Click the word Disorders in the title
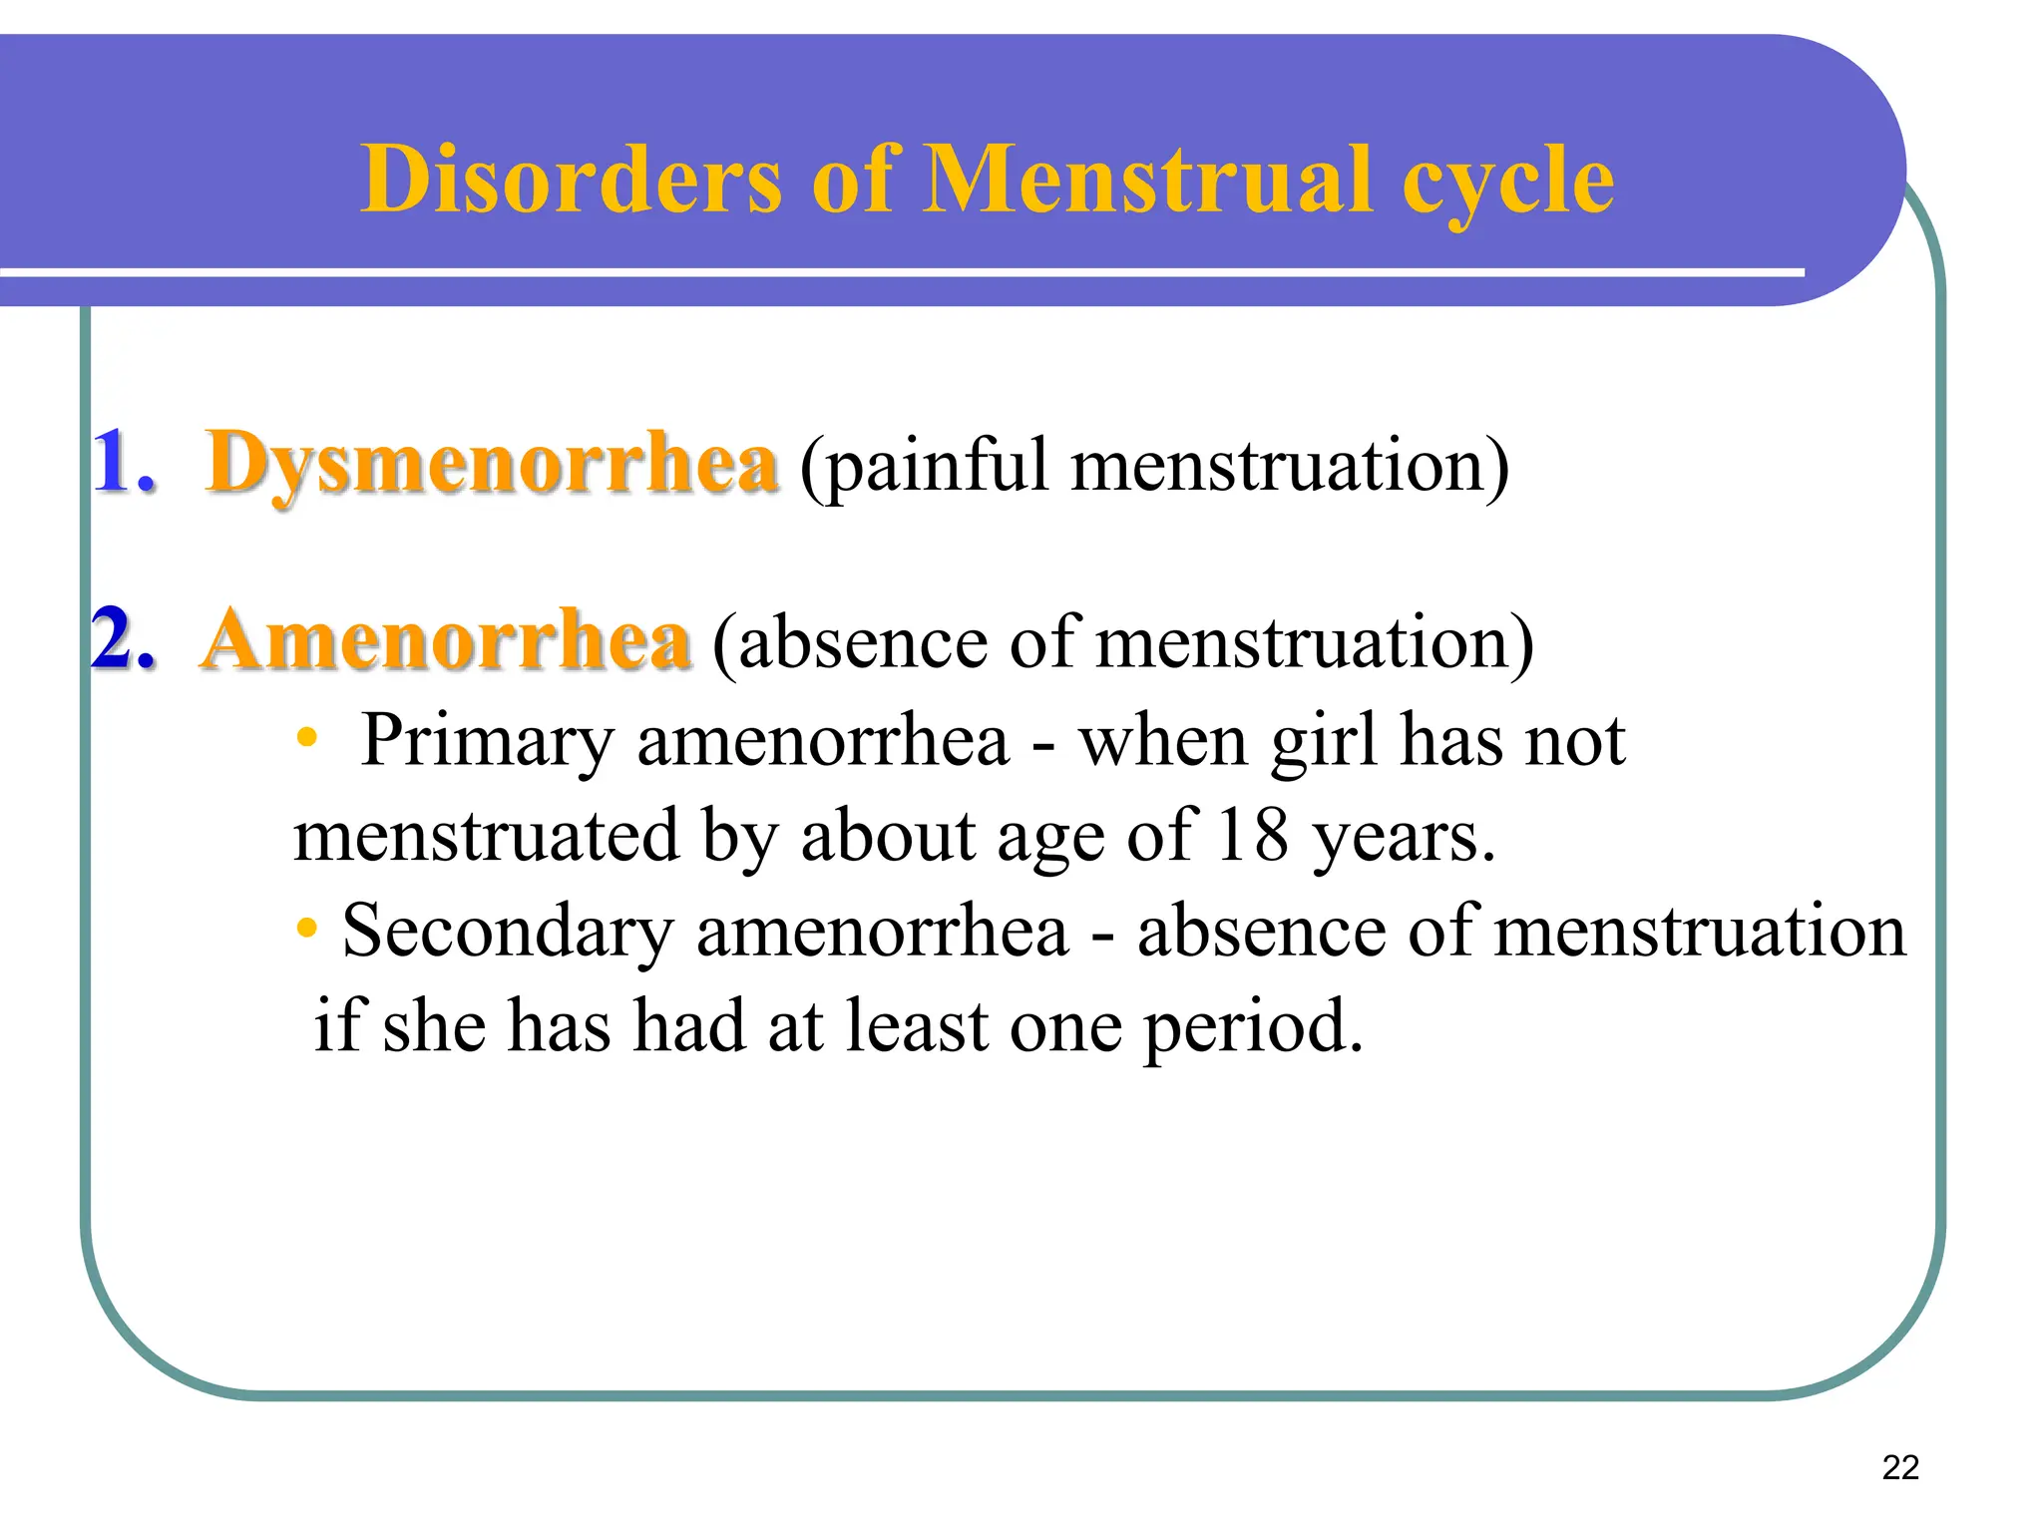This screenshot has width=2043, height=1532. [x=571, y=180]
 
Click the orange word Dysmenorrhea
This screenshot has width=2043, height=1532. [x=491, y=464]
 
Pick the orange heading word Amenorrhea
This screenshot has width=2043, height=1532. [x=446, y=640]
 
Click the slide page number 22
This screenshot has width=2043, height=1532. [x=1900, y=1467]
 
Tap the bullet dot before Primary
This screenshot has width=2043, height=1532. [x=306, y=738]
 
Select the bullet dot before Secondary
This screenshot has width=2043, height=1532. [x=306, y=928]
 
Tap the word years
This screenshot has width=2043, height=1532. [x=1403, y=838]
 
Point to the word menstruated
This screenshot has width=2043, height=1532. [x=486, y=836]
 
